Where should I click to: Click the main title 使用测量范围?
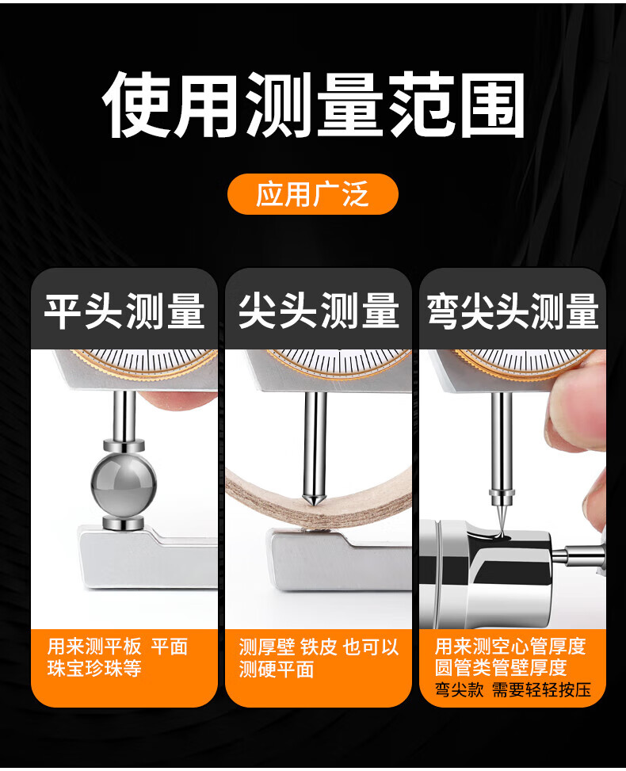313,105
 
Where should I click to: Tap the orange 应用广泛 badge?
313,193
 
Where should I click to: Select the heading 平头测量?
124,311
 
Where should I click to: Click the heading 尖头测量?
319,311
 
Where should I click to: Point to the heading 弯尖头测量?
513,311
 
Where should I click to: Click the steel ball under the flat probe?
124,484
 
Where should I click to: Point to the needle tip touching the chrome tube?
501,532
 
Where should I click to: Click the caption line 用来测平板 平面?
118,647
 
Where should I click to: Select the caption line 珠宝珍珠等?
94,668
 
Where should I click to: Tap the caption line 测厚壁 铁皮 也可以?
319,647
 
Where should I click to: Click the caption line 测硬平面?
277,670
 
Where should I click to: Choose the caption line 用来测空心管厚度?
510,646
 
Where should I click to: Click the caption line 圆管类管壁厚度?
501,667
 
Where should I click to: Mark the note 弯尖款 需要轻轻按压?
513,689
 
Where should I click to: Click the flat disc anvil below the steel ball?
124,523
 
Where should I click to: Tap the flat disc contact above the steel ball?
124,446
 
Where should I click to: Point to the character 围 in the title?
491,105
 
